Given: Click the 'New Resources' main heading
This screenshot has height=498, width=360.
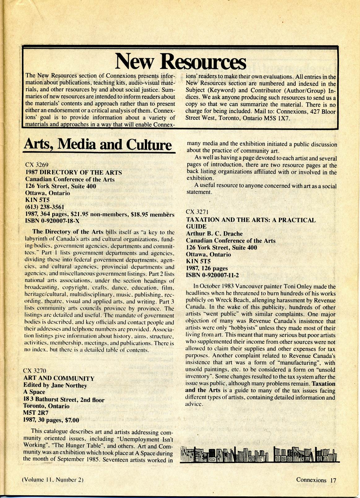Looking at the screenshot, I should [180, 61].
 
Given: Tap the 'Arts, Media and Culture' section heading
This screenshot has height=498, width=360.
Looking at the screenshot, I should [98, 144].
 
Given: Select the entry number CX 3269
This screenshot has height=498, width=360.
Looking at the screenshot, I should [37, 165].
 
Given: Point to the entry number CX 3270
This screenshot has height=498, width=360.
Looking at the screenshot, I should [35, 370].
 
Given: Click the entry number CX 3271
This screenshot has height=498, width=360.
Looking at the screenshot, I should [197, 212].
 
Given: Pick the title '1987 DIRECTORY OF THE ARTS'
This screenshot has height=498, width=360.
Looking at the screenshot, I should [73, 172].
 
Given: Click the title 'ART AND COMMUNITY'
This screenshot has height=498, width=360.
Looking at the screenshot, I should [59, 378].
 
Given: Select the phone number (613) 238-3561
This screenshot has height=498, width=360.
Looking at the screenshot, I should [45, 207].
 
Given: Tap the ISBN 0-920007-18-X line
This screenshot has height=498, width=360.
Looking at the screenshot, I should [52, 221].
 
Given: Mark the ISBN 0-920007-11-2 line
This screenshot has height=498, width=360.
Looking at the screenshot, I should [212, 275].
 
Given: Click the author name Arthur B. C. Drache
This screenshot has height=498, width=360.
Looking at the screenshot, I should [214, 234].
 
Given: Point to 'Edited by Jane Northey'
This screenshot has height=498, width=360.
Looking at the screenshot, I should [55, 385].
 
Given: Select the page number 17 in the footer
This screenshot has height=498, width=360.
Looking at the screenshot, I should [333, 480].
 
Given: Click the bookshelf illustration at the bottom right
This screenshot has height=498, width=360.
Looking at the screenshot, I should [259, 454].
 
